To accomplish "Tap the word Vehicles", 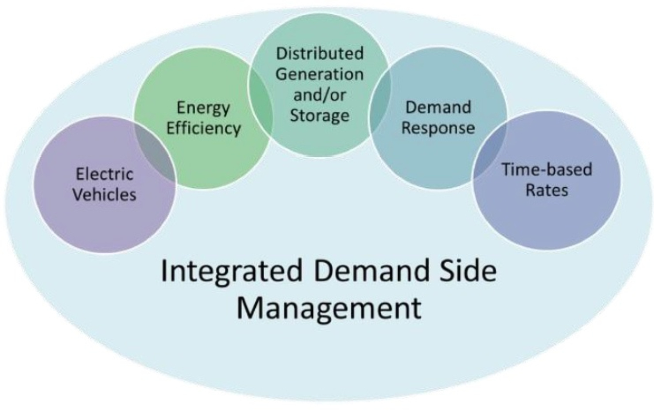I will click(x=107, y=195).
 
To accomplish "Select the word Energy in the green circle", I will click(x=203, y=108).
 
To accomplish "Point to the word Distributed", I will click(x=319, y=53).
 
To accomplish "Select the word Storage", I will click(x=319, y=116).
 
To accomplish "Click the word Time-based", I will click(x=547, y=169).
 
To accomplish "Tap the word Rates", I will click(x=547, y=190).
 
